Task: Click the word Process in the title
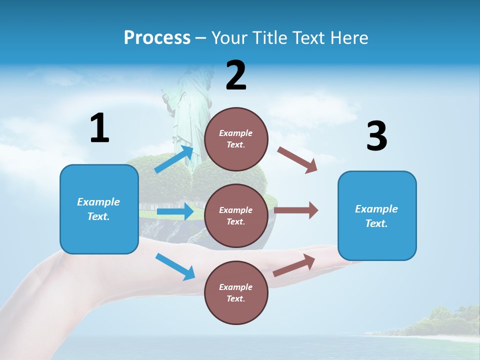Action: click(x=157, y=37)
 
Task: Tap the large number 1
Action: click(x=99, y=128)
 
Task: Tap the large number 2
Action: click(x=236, y=75)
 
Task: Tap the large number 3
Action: click(x=376, y=136)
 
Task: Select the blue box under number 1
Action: click(x=99, y=209)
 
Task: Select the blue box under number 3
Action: click(x=377, y=215)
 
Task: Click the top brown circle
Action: click(x=236, y=139)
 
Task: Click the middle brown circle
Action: click(x=236, y=215)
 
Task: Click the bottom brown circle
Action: click(x=236, y=292)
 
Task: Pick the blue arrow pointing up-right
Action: click(x=174, y=159)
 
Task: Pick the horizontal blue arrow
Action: click(x=175, y=211)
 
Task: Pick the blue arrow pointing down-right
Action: click(x=175, y=266)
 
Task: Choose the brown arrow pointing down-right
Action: click(x=297, y=160)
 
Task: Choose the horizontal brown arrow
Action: click(x=296, y=210)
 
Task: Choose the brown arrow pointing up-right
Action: click(x=294, y=265)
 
